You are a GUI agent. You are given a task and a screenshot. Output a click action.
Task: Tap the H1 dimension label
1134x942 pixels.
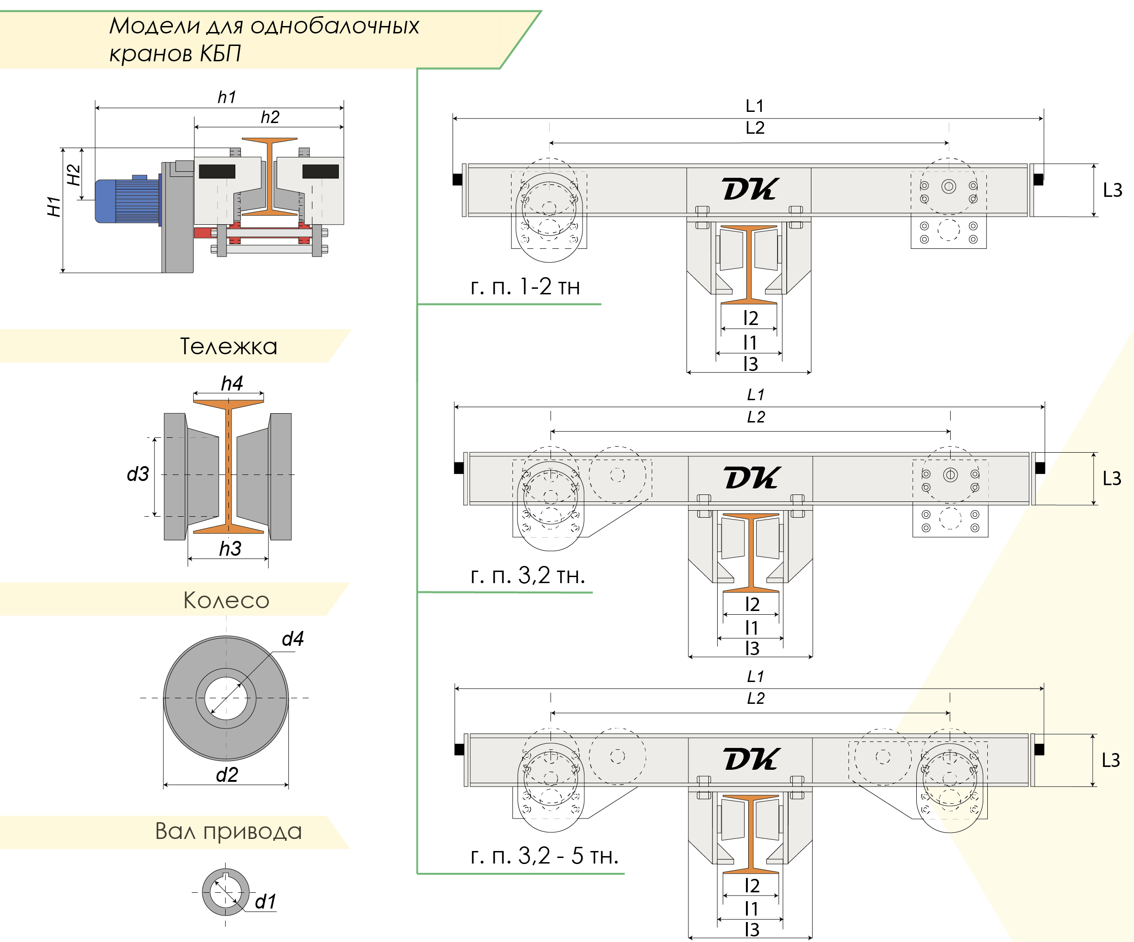[53, 207]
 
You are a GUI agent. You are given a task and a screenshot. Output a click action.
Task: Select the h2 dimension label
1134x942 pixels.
[270, 117]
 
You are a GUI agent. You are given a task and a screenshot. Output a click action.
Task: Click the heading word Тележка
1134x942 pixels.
[228, 346]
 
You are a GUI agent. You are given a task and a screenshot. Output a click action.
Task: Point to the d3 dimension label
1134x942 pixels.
[138, 474]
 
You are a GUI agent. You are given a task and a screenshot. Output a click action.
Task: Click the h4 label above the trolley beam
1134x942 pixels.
[232, 383]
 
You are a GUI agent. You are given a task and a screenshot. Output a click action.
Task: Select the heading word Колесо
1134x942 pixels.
[226, 600]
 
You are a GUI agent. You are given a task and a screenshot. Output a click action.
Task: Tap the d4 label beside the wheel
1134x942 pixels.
[293, 639]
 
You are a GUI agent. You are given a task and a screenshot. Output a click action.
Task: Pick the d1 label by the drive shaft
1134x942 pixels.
[265, 902]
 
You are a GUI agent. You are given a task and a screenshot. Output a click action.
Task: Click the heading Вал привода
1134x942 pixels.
[228, 831]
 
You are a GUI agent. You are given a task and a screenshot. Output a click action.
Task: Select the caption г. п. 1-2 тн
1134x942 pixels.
[525, 287]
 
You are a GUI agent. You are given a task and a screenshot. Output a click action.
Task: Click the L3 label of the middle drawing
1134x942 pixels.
[1112, 479]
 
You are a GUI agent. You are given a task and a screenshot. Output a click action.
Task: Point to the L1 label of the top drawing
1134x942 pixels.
[754, 106]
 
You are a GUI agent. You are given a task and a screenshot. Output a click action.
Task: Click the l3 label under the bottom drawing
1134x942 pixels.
[752, 929]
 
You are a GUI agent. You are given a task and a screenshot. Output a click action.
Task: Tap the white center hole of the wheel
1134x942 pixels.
[226, 698]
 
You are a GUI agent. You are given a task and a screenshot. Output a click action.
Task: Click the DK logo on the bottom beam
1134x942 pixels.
[751, 760]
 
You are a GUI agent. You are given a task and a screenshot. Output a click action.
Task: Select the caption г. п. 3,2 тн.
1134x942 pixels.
[528, 575]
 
